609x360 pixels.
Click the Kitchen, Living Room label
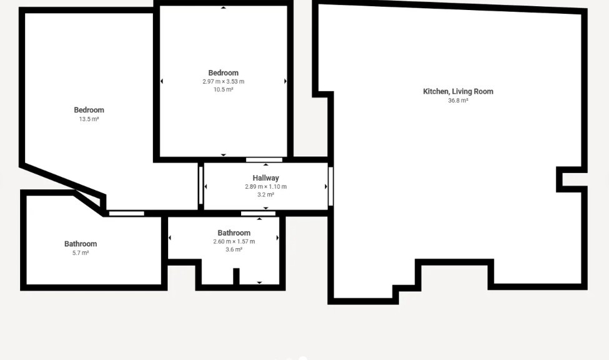[458, 91]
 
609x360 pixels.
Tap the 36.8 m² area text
[458, 101]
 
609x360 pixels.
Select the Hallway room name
[265, 178]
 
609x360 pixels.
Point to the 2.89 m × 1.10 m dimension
[265, 187]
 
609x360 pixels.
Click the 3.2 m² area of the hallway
[265, 195]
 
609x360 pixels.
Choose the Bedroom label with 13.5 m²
[89, 110]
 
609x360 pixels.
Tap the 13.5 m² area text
[89, 119]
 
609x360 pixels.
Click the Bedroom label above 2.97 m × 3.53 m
[223, 73]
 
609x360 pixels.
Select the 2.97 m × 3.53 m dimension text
[223, 82]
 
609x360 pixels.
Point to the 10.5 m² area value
[223, 90]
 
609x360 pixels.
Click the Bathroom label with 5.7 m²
[81, 244]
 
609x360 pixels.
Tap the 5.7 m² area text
[81, 253]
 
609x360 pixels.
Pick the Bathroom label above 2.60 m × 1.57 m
[234, 233]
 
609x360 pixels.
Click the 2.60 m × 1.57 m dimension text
[234, 242]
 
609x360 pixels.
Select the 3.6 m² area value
[234, 250]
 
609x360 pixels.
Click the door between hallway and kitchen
[330, 186]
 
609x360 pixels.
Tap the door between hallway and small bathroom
[258, 214]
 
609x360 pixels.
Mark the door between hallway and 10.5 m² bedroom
[264, 160]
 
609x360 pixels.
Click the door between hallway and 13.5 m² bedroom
[201, 184]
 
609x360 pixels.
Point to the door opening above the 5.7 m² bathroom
[127, 214]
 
